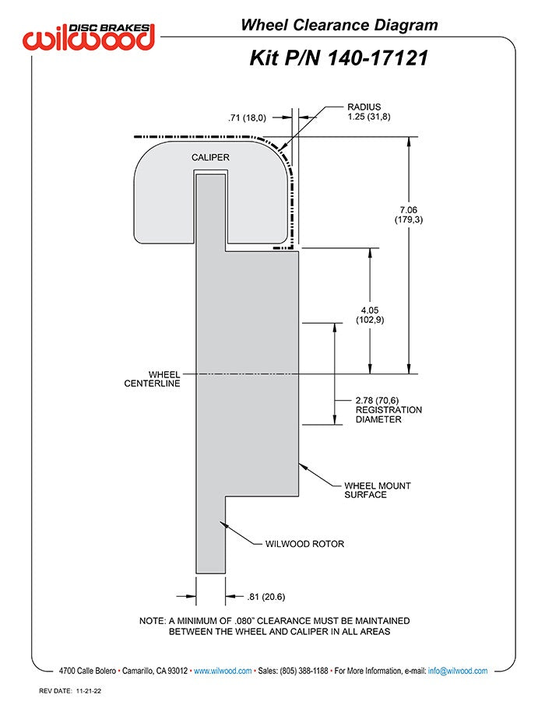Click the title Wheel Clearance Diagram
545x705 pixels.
pyautogui.click(x=339, y=25)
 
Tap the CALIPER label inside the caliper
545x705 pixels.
pyautogui.click(x=211, y=157)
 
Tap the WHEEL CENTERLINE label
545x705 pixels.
pyautogui.click(x=153, y=379)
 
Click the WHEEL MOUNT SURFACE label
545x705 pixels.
pyautogui.click(x=378, y=489)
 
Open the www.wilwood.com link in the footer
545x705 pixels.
pyautogui.click(x=223, y=670)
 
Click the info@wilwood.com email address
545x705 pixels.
pyautogui.click(x=458, y=670)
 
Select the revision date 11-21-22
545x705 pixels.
pyautogui.click(x=92, y=690)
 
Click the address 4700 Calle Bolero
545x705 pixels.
pyautogui.click(x=88, y=670)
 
